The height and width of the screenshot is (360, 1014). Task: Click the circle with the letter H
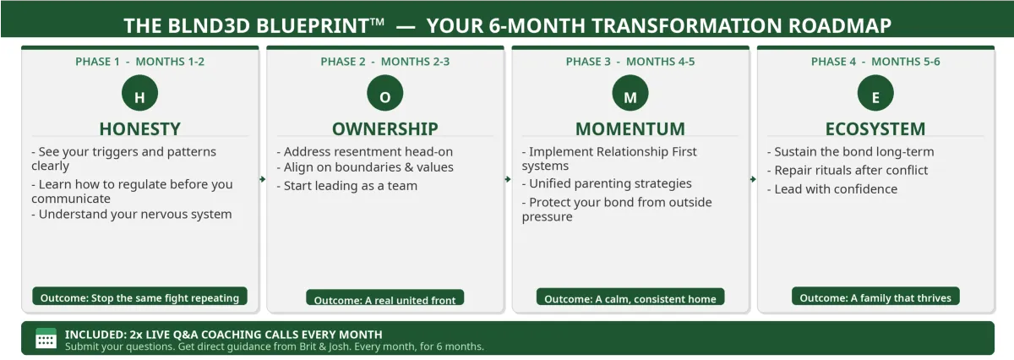point(140,93)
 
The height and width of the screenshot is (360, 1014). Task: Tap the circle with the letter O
point(385,93)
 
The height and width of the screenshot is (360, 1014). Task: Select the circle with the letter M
point(630,93)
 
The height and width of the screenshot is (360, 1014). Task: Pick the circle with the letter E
point(875,93)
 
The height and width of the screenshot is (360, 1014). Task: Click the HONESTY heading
point(140,129)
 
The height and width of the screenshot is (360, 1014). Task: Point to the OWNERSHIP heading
point(385,129)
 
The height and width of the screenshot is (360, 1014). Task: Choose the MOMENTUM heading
point(630,129)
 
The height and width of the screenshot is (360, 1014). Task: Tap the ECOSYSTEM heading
point(875,129)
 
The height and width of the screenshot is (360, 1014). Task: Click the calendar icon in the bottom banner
point(46,338)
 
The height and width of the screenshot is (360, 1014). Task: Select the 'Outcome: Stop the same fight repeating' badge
point(140,296)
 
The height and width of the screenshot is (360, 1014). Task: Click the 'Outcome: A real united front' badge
point(385,297)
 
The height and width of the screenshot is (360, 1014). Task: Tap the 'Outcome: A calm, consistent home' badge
point(630,297)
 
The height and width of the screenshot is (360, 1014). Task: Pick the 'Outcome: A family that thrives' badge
point(875,296)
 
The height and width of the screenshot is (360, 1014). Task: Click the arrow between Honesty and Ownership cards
point(263,179)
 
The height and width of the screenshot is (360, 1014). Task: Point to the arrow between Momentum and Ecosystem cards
point(753,179)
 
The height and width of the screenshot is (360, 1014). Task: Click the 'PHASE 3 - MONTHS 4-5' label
point(630,62)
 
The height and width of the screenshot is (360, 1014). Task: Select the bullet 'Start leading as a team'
point(346,186)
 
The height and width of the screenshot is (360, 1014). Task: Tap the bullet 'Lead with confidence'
point(832,188)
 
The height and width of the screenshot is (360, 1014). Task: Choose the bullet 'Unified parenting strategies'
point(607,183)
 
